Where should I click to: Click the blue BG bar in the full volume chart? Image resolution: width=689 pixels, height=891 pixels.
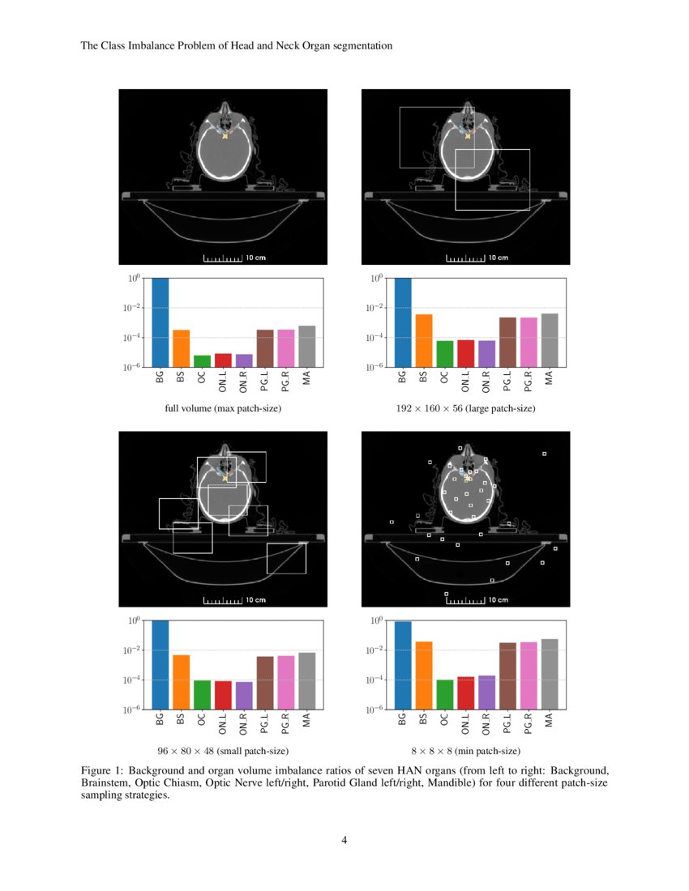pyautogui.click(x=160, y=322)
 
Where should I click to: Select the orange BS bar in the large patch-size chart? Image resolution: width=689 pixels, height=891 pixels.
pyautogui.click(x=423, y=340)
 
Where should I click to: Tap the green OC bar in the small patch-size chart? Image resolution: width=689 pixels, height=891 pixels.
pyautogui.click(x=202, y=694)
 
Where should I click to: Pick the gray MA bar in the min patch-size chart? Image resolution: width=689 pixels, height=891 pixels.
pyautogui.click(x=549, y=674)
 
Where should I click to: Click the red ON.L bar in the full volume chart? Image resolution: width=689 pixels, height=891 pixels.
pyautogui.click(x=223, y=360)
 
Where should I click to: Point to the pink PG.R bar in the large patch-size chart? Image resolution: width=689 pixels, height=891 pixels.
pyautogui.click(x=528, y=342)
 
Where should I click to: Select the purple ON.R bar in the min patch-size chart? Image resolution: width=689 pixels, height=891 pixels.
pyautogui.click(x=486, y=693)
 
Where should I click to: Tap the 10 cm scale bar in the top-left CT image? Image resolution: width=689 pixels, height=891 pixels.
pyautogui.click(x=223, y=258)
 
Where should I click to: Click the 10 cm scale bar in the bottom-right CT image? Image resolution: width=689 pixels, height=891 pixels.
pyautogui.click(x=466, y=600)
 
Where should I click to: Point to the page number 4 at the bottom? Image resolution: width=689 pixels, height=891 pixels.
pyautogui.click(x=344, y=840)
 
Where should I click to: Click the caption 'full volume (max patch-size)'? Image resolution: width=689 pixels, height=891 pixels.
pyautogui.click(x=223, y=409)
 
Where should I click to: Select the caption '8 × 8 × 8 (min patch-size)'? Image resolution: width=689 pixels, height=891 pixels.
pyautogui.click(x=465, y=752)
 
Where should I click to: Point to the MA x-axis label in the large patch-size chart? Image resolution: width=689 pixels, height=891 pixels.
pyautogui.click(x=549, y=377)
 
